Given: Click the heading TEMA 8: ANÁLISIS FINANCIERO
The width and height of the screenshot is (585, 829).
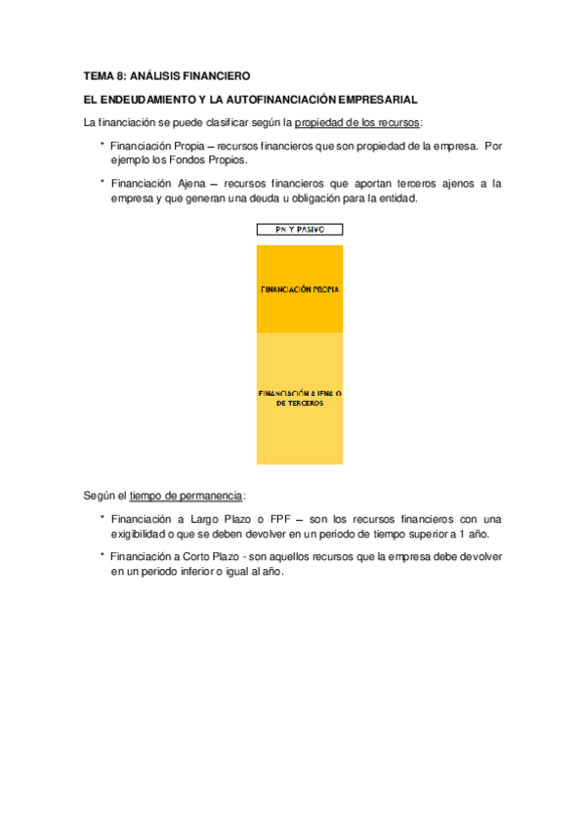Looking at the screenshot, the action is coord(167,75).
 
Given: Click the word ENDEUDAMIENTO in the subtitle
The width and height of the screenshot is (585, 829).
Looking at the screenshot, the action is coord(146,100).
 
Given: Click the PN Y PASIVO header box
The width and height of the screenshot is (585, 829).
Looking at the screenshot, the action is coord(300,231).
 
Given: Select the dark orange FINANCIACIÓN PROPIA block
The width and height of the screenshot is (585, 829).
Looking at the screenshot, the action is coord(300,289).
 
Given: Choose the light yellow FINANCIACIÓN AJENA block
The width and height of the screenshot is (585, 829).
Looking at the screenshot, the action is coord(300,398).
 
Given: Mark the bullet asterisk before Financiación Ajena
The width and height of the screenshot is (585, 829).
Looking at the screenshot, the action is coord(102,182).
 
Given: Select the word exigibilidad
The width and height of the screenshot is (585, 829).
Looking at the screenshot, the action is coord(143,535).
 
